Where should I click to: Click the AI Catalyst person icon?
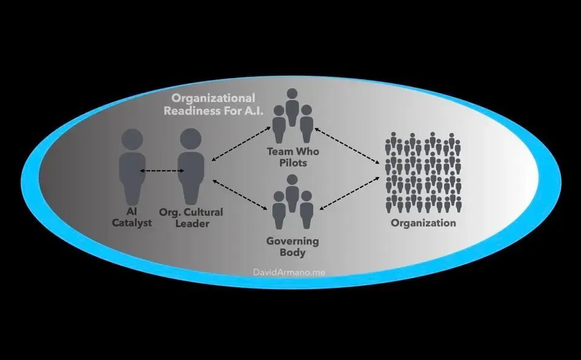[x=132, y=167]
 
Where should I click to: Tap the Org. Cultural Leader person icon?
[x=191, y=167]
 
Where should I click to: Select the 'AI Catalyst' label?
[x=132, y=218]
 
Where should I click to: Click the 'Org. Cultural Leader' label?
[x=191, y=218]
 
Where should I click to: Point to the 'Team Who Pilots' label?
[x=293, y=157]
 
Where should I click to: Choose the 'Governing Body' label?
[x=293, y=247]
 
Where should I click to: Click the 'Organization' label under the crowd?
[x=423, y=223]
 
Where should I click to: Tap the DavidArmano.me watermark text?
[x=289, y=273]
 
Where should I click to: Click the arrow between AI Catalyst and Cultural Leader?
[x=162, y=171]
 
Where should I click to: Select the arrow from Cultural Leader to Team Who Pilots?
[x=241, y=144]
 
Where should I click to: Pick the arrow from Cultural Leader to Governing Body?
[x=240, y=195]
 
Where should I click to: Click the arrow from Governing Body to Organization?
[x=350, y=193]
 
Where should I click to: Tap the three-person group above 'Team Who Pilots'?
[x=293, y=115]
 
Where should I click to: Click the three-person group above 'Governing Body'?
[x=293, y=202]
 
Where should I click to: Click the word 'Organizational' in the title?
[x=213, y=98]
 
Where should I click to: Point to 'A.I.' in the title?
[x=253, y=111]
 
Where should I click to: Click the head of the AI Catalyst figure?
[x=132, y=139]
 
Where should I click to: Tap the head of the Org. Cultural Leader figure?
[x=191, y=139]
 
